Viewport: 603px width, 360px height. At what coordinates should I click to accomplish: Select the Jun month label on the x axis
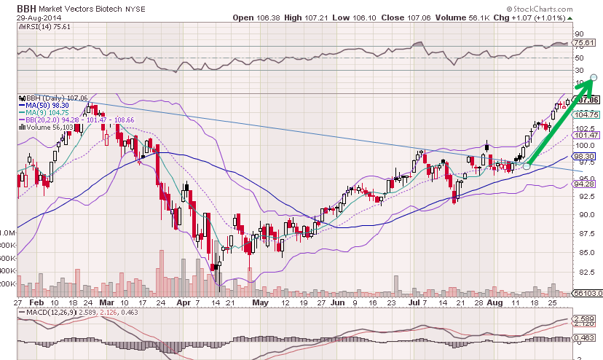(336, 301)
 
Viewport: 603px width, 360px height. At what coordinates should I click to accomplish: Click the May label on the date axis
(255, 301)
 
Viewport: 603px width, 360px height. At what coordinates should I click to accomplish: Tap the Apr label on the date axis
(182, 301)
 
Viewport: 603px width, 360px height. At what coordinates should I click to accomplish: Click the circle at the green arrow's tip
(594, 77)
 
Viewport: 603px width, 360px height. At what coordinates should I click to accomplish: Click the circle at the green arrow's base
(527, 167)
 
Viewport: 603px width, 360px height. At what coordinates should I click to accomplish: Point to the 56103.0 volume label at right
(586, 292)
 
